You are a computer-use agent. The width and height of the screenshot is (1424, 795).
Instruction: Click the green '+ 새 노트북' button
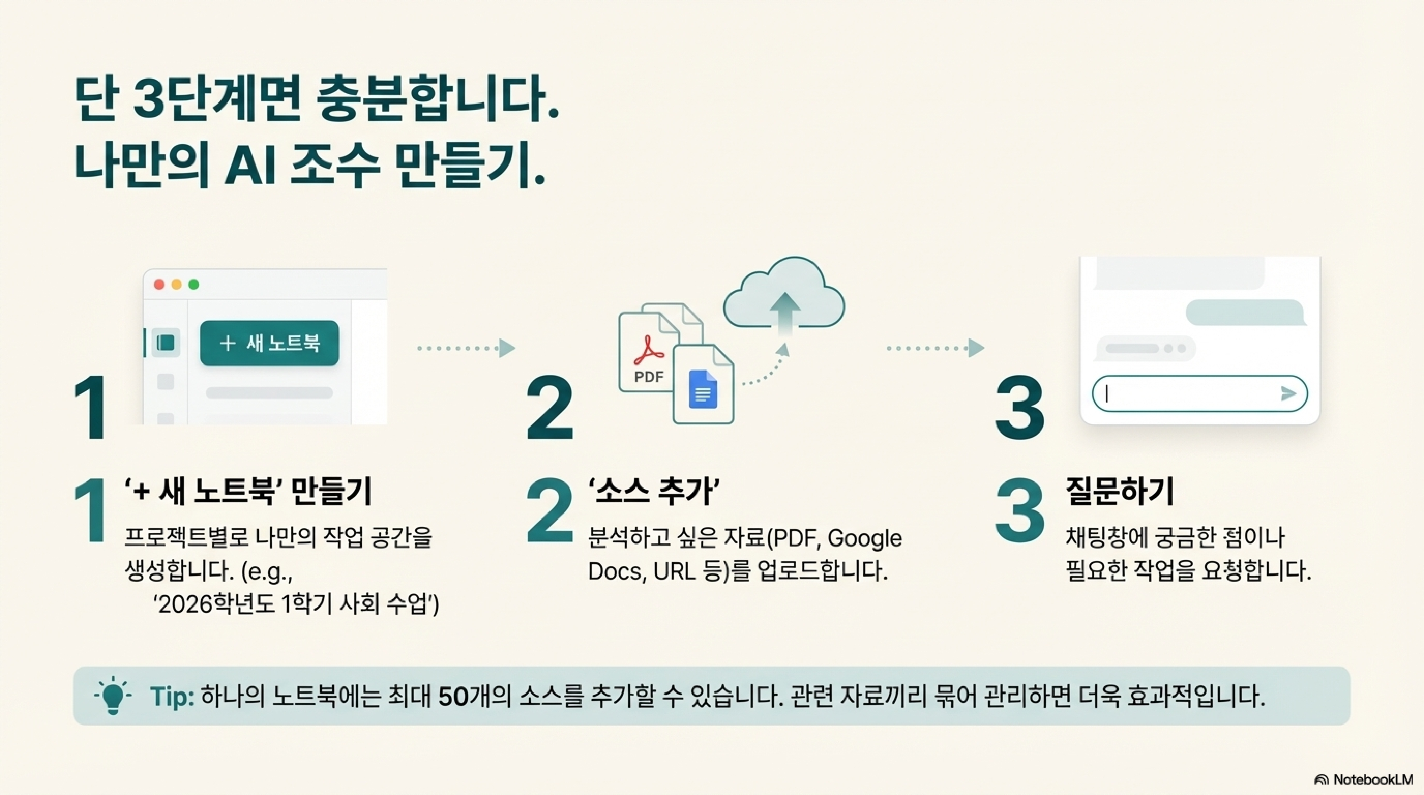[269, 343]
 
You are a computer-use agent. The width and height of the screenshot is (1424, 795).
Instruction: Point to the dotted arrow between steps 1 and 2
[466, 348]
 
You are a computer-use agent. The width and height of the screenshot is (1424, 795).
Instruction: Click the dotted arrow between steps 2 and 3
[935, 348]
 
